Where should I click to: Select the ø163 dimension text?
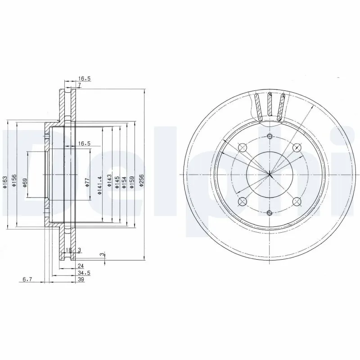(5, 182)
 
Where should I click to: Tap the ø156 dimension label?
(14, 180)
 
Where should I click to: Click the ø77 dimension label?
(88, 182)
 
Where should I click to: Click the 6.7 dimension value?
(27, 279)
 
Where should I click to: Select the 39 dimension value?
(81, 279)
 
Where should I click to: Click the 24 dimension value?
(81, 265)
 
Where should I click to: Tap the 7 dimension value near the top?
(79, 85)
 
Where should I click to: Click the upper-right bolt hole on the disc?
(297, 148)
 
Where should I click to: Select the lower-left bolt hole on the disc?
(243, 201)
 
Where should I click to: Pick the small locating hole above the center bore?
(270, 137)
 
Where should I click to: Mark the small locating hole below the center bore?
(270, 212)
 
